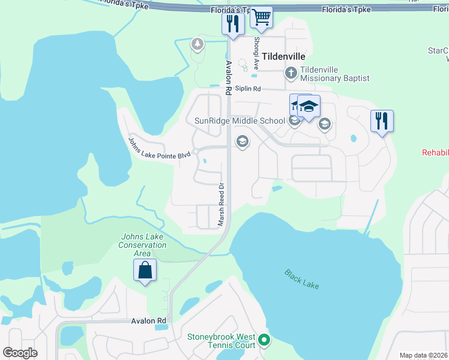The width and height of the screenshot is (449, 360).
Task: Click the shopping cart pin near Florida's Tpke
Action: point(261,17)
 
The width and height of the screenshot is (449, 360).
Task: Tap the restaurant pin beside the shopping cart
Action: point(232,23)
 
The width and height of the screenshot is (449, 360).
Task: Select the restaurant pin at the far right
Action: point(382,121)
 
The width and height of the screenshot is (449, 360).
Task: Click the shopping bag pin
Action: point(145,271)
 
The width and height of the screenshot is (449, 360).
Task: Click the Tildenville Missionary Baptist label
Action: point(334,74)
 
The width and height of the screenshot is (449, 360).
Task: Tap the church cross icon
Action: point(291,74)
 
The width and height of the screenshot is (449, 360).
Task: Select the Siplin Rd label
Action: point(248,89)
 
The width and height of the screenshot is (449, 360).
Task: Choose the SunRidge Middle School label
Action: point(240,121)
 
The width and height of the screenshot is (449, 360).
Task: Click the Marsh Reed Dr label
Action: point(221,205)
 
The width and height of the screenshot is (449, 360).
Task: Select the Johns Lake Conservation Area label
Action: point(142,245)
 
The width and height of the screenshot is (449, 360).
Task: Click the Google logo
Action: point(20,352)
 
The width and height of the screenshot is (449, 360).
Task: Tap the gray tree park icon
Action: point(197,44)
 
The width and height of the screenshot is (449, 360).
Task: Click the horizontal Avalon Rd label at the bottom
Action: point(148,321)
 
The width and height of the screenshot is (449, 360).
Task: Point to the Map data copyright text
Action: point(423,355)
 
